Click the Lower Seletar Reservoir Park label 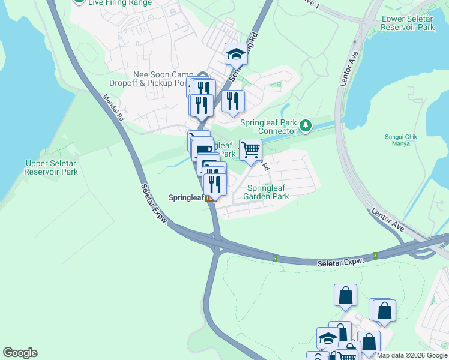[x=408, y=23]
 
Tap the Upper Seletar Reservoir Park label [x=52, y=167]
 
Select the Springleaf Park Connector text [x=268, y=127]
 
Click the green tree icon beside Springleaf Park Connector [x=307, y=125]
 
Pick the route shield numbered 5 [x=274, y=258]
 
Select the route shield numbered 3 [x=375, y=256]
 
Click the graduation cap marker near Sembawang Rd [x=236, y=54]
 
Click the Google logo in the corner [x=20, y=353]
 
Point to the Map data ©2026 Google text [x=412, y=355]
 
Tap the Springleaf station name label [x=185, y=197]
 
